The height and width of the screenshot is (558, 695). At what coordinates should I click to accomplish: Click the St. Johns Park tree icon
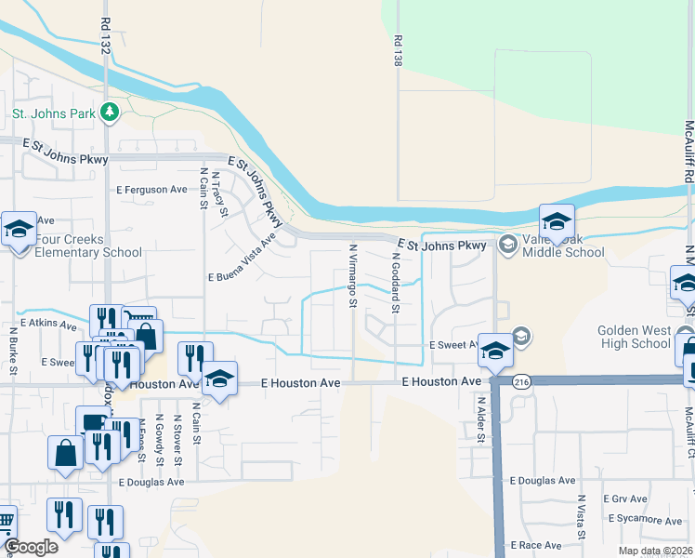tap(111, 113)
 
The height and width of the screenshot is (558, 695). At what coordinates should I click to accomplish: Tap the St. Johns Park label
tap(52, 114)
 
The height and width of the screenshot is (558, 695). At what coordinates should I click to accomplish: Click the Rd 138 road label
tap(398, 50)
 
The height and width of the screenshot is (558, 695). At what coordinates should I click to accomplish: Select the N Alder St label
tap(481, 420)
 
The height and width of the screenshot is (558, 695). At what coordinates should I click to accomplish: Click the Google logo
tap(31, 547)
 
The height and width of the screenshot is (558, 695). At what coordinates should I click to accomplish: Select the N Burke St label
tap(14, 350)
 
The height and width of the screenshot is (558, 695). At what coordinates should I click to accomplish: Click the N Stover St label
tap(176, 441)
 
